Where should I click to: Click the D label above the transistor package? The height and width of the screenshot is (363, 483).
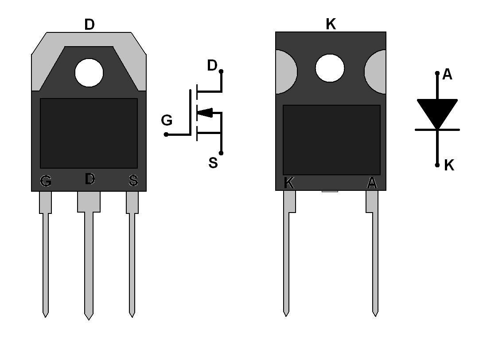tap(90, 25)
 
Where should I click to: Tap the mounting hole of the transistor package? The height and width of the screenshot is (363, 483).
tap(89, 73)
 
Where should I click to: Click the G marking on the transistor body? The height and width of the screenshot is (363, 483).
tap(46, 181)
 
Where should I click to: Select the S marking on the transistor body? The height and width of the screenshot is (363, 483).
tap(133, 181)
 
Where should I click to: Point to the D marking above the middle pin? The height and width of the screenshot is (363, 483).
tap(90, 179)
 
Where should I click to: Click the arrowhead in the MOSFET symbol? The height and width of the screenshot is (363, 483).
tap(205, 113)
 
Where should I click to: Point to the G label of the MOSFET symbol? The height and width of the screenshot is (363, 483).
tap(167, 120)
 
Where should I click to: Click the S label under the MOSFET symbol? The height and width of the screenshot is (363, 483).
tap(213, 163)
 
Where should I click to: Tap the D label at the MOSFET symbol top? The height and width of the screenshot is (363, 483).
tap(212, 66)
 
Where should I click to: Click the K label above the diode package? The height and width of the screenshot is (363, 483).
tap(331, 24)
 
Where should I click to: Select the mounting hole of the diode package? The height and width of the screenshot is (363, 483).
tap(330, 68)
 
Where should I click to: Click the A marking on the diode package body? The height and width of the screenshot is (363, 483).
tap(372, 182)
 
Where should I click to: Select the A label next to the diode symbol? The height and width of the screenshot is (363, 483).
tap(447, 75)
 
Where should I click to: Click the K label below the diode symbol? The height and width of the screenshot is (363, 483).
tap(449, 165)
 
